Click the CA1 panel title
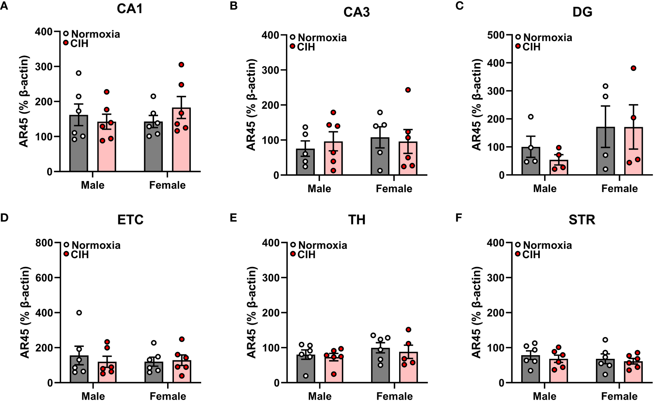[129, 8]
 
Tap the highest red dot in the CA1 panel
[181, 65]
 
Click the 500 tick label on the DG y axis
[496, 35]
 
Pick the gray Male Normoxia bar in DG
[531, 162]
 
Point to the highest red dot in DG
[633, 68]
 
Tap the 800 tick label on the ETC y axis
[44, 243]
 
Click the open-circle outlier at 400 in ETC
[79, 313]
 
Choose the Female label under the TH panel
[394, 396]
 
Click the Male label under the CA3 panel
[319, 189]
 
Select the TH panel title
[356, 219]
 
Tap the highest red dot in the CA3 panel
[408, 90]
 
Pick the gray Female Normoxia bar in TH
[380, 366]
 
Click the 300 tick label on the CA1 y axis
[44, 67]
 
